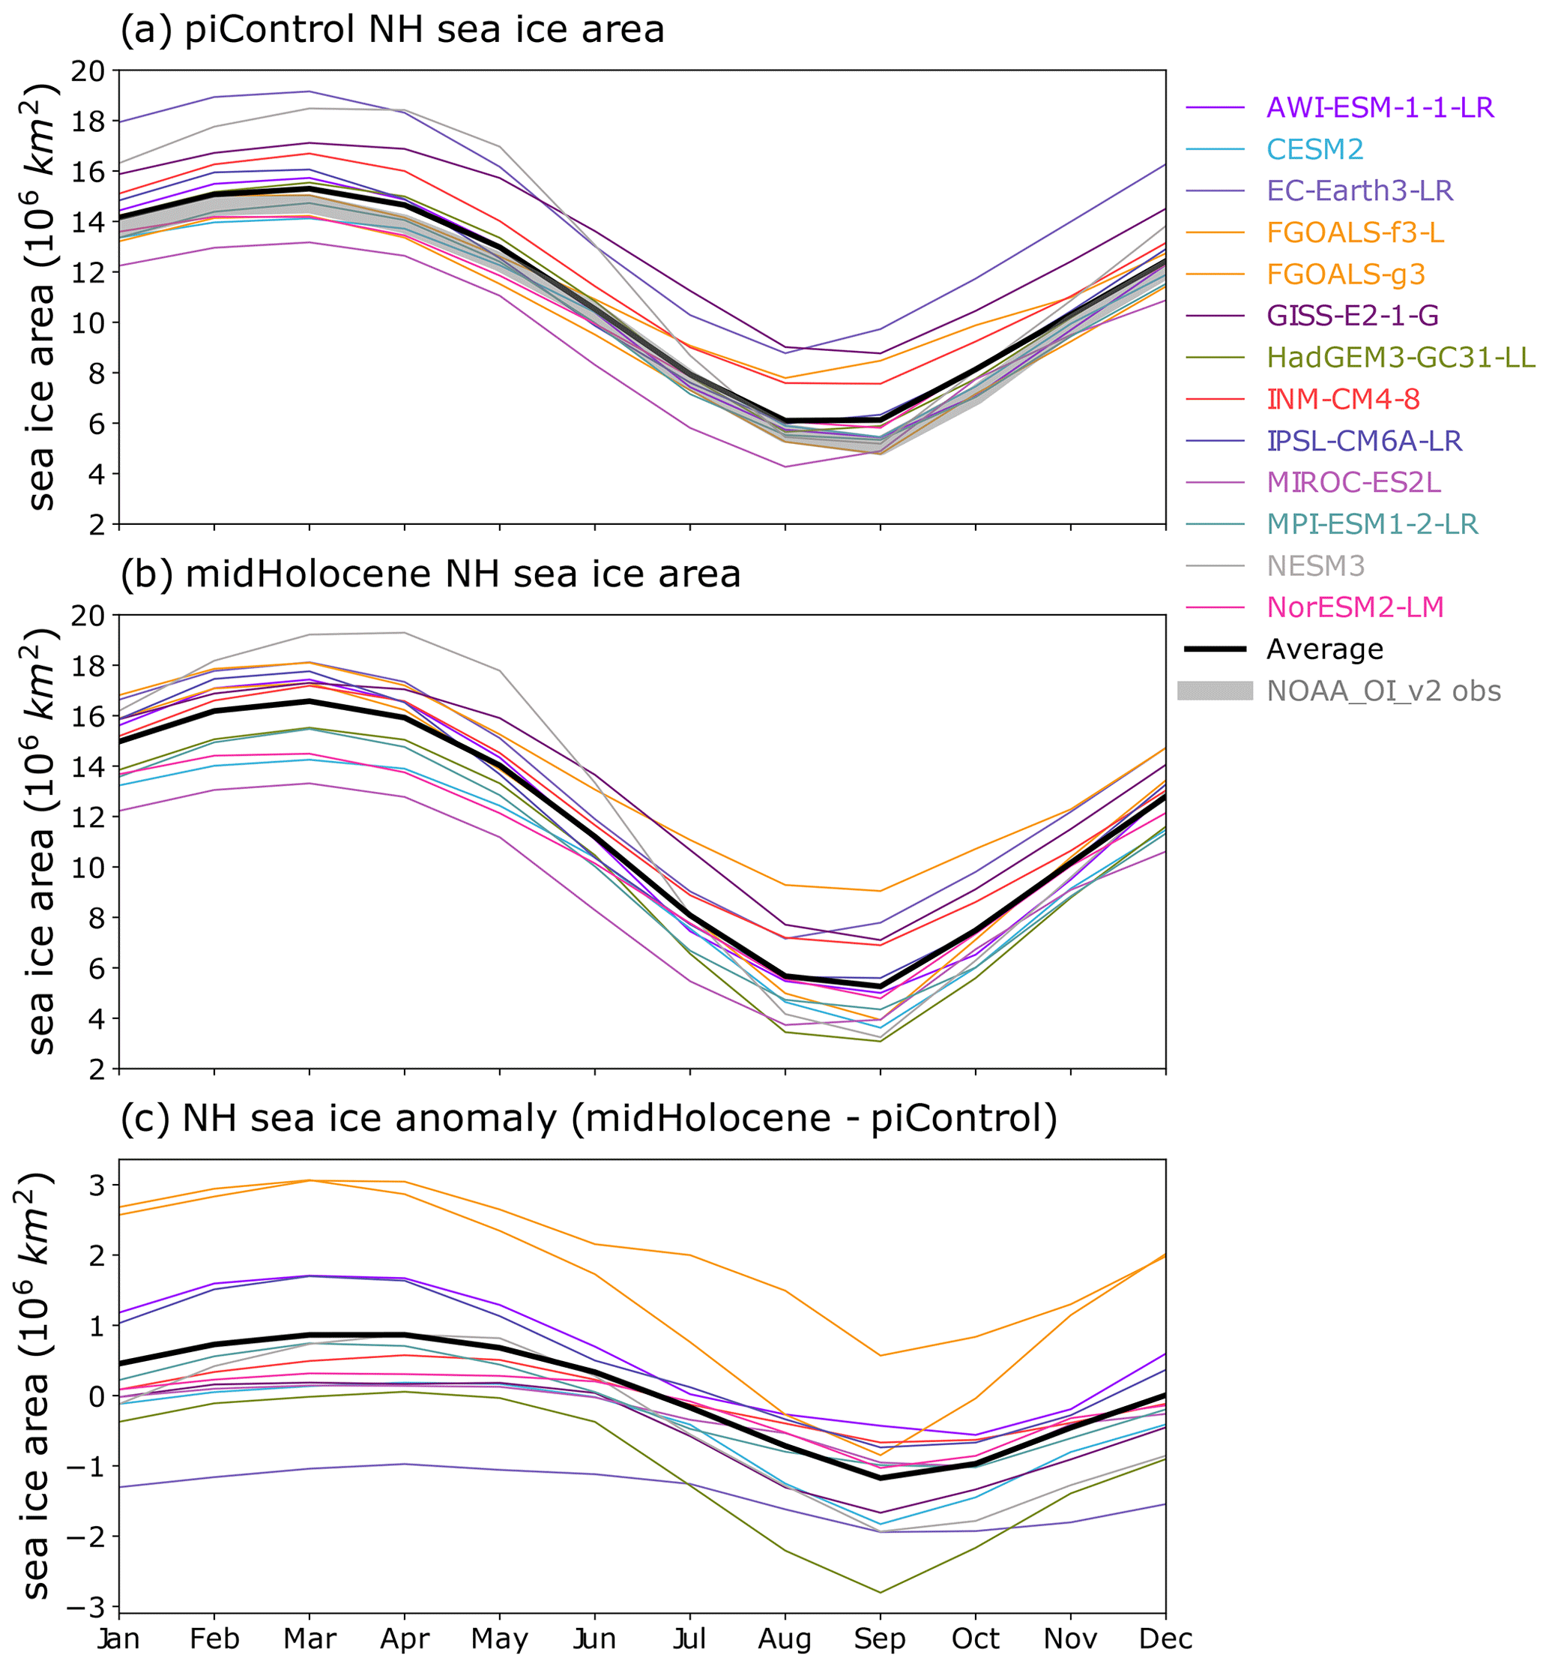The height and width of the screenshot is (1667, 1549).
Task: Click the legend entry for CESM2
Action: (1314, 149)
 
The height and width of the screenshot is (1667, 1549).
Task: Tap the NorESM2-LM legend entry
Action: (1355, 607)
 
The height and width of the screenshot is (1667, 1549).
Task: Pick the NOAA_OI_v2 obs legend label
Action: (1383, 691)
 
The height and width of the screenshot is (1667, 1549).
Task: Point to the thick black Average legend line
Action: (1216, 649)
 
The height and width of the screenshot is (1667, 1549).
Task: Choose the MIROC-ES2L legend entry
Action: (1353, 482)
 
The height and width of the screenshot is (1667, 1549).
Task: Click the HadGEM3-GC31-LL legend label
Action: (1401, 357)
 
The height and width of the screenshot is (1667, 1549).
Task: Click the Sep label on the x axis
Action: (880, 1639)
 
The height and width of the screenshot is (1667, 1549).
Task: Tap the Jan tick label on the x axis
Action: (118, 1639)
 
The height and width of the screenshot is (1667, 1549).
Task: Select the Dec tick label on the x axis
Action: (1165, 1639)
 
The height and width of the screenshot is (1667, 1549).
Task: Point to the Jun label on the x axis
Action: (594, 1639)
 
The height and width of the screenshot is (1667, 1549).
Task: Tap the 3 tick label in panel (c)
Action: (100, 1186)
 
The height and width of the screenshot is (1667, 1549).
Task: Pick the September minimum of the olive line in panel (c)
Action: (880, 1591)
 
